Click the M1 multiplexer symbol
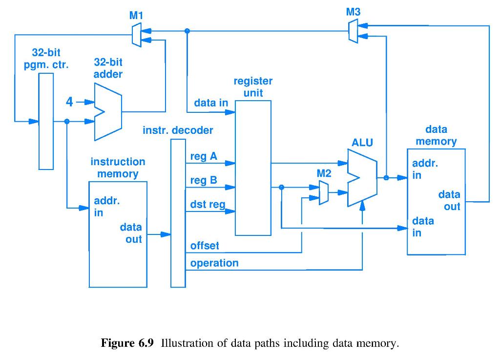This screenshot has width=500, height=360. tap(137, 35)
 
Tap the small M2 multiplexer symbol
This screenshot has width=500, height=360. tap(323, 193)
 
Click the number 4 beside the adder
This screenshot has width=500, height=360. tap(70, 102)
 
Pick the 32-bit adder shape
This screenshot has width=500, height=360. tap(107, 112)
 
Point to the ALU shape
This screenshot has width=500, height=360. tap(362, 178)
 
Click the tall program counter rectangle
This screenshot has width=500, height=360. tap(46, 122)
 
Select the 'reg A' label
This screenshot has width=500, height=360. tap(204, 157)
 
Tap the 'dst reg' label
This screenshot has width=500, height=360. tap(208, 204)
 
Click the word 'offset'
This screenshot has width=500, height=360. tap(205, 246)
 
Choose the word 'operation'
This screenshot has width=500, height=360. tap(214, 263)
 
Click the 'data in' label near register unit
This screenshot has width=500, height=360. tap(211, 103)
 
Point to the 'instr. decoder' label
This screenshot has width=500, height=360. tap(178, 130)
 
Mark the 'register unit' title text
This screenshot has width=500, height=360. tap(253, 86)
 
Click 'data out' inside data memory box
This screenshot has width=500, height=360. tap(449, 200)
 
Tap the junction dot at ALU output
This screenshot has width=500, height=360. tap(386, 178)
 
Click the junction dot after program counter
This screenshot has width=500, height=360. tap(67, 121)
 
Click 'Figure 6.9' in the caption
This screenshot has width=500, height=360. tap(127, 343)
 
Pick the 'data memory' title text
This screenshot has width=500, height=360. tap(436, 135)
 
